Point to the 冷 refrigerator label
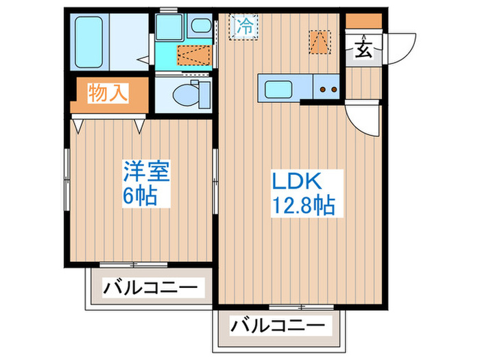(243, 27)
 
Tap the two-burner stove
(326, 88)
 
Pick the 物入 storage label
(108, 93)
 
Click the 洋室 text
(146, 169)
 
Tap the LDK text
(297, 182)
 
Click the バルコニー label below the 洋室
(149, 286)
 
